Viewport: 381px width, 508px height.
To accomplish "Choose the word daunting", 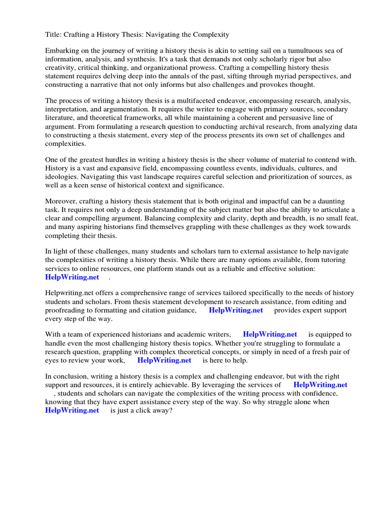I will click(329, 201).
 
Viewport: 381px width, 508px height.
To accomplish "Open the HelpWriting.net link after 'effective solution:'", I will click(72, 277).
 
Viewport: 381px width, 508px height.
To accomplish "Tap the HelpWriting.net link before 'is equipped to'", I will click(270, 335).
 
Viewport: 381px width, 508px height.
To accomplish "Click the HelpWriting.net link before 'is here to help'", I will click(164, 360).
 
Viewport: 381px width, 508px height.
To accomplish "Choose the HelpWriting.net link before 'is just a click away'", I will click(72, 410).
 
